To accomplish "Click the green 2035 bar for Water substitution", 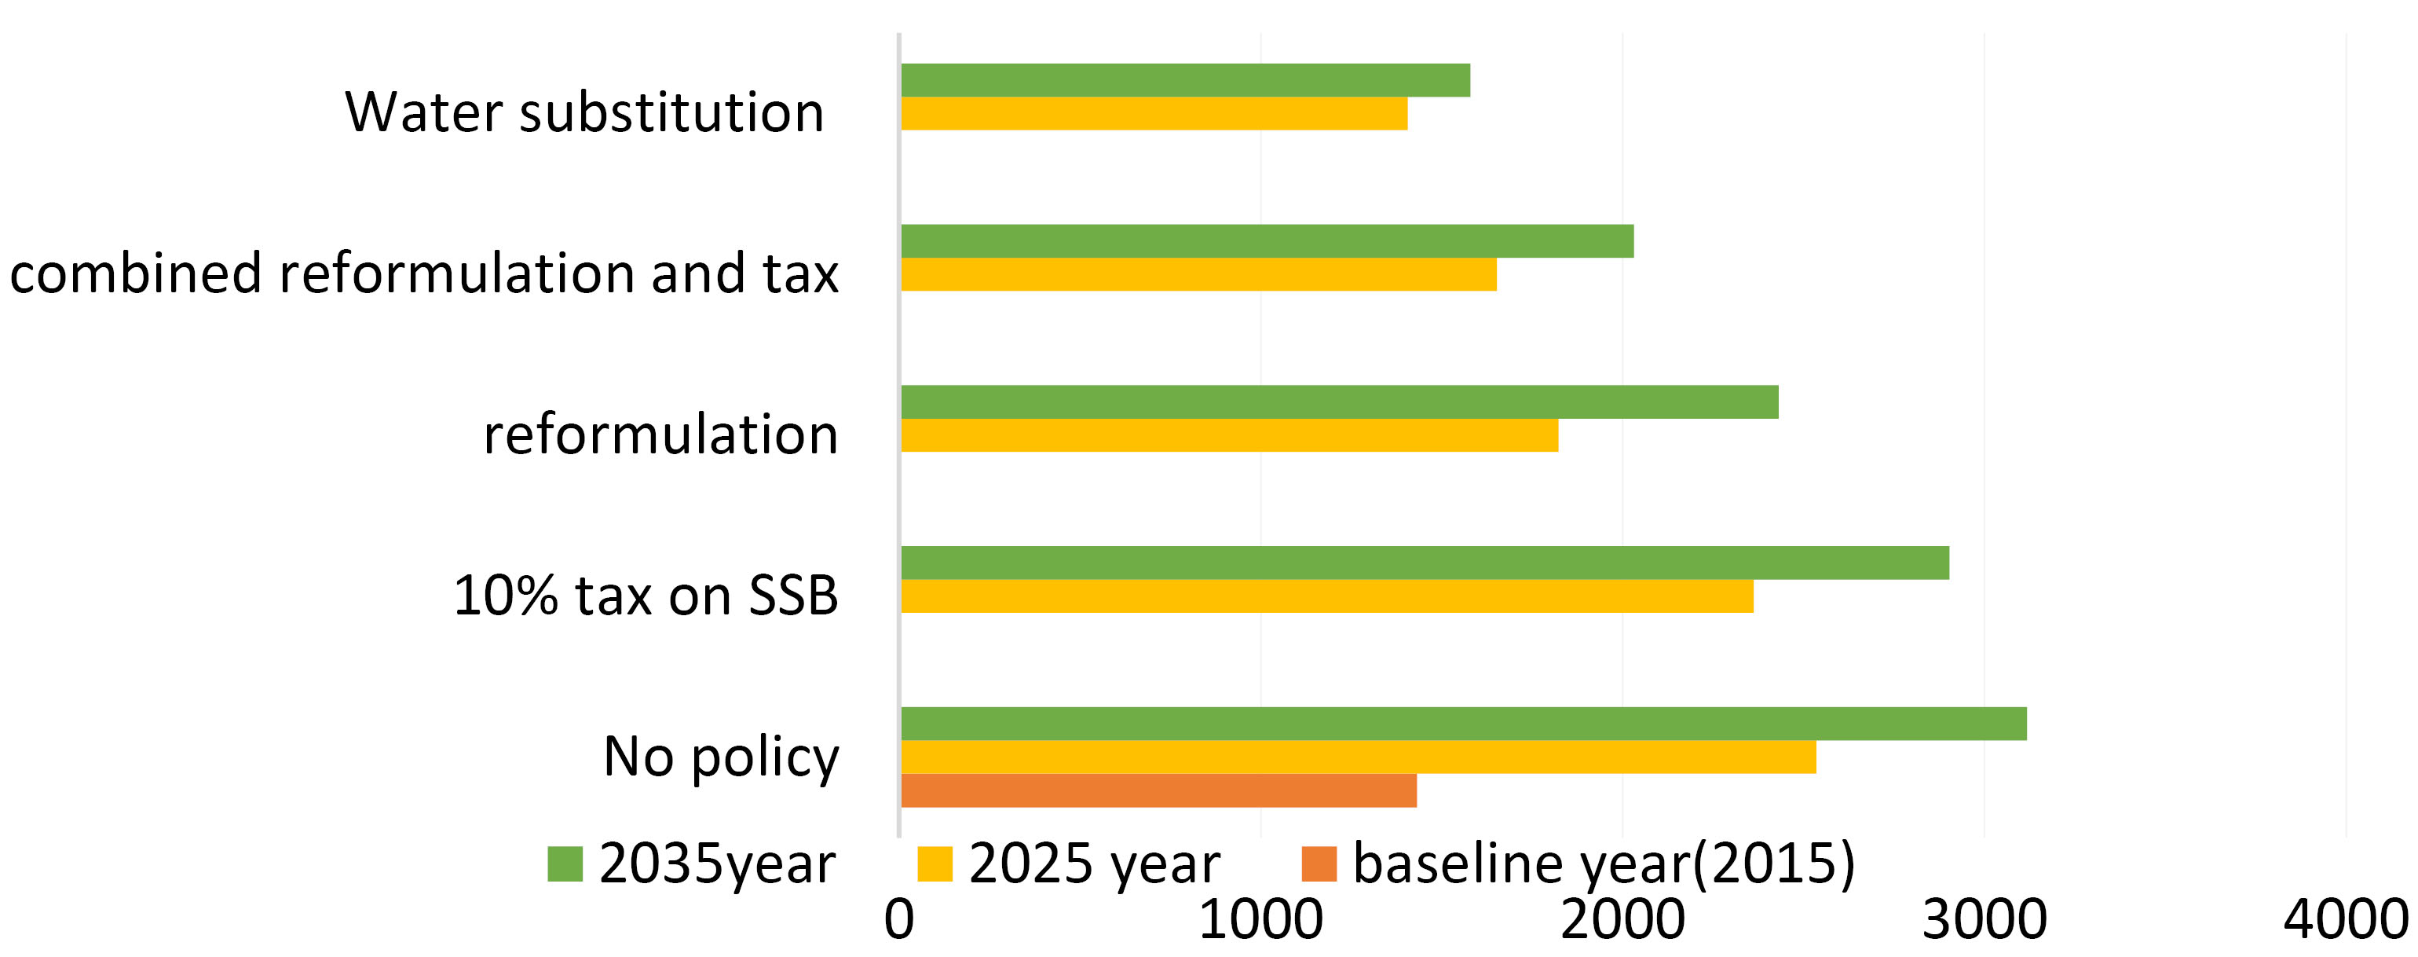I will [1184, 80].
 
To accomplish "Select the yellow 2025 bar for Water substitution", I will [1154, 114].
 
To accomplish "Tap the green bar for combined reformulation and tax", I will [1266, 241].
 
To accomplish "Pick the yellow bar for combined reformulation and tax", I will [1198, 274].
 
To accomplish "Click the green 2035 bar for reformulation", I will [1338, 402].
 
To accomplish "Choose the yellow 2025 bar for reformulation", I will [1229, 434].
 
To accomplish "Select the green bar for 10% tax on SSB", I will [1424, 563].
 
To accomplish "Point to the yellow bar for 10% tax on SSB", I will [1326, 596].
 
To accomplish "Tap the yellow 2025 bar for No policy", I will [1357, 757].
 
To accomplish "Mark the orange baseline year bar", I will [1158, 790].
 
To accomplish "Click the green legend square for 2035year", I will [565, 864].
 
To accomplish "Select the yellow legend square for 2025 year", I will [934, 864].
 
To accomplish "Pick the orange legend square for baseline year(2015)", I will [1319, 864].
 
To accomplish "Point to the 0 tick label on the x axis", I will [898, 920].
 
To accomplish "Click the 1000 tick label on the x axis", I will [1260, 920].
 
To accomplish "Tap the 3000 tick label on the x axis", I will [1985, 920].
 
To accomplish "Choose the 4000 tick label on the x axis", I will [2346, 920].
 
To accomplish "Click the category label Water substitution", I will [583, 112].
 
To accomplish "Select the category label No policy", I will [721, 757].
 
